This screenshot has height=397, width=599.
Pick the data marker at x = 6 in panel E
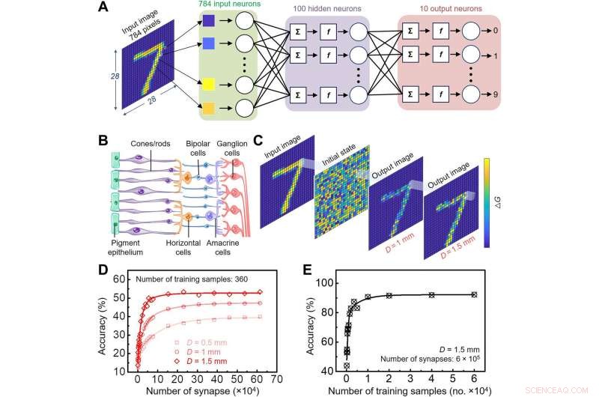[474, 294]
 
